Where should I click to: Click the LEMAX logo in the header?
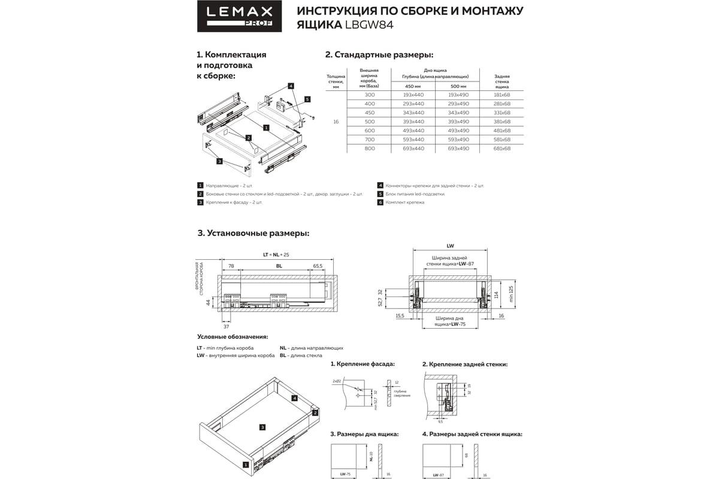[235, 16]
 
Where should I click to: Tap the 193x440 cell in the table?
[413, 95]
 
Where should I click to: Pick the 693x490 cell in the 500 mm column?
[458, 148]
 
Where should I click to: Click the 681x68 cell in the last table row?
[502, 148]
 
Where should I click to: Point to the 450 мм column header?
[413, 87]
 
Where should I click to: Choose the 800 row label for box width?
[370, 148]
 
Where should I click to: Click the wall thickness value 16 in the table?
[336, 122]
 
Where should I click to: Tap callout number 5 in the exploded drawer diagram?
[307, 99]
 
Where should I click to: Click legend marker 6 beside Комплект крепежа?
[380, 202]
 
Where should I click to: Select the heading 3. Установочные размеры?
[253, 233]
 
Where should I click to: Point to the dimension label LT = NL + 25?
[276, 254]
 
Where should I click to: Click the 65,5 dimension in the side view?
[318, 265]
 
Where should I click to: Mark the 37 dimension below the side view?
[226, 327]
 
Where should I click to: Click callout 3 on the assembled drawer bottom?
[262, 427]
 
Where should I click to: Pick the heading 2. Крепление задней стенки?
[465, 364]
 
